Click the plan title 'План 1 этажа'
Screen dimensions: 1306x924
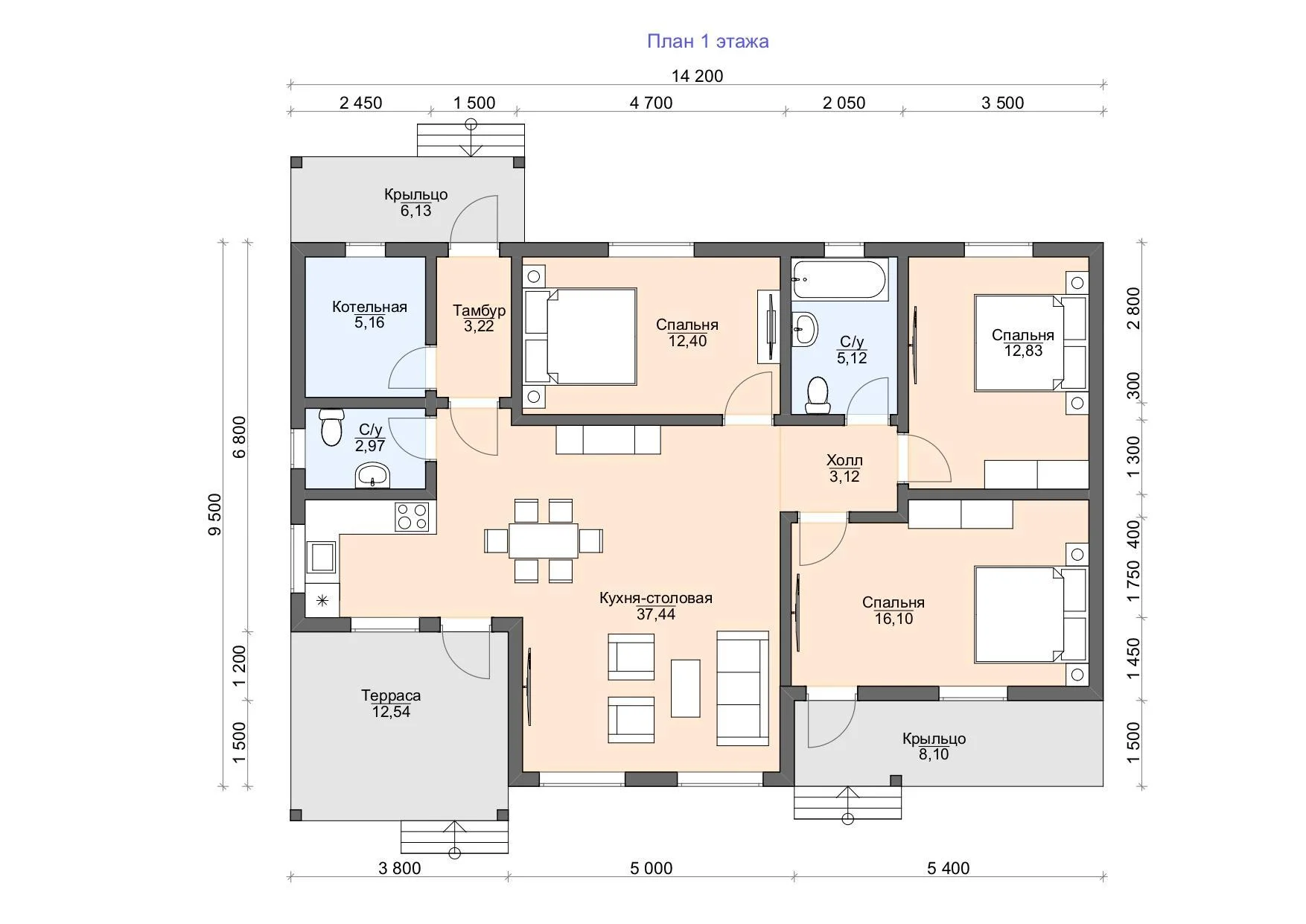pyautogui.click(x=707, y=42)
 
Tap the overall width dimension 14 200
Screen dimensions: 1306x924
pyautogui.click(x=697, y=76)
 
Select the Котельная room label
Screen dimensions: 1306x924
pyautogui.click(x=369, y=307)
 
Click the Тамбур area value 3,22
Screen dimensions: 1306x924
pyautogui.click(x=479, y=326)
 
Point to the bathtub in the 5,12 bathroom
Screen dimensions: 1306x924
pyautogui.click(x=839, y=280)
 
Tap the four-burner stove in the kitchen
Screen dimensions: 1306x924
pyautogui.click(x=412, y=517)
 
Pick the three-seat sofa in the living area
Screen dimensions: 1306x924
pyautogui.click(x=742, y=688)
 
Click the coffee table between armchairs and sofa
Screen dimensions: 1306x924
pyautogui.click(x=686, y=688)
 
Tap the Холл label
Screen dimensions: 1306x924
pyautogui.click(x=844, y=461)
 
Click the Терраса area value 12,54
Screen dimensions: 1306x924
pyautogui.click(x=391, y=712)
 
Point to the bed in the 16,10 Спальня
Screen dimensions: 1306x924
pyautogui.click(x=1031, y=615)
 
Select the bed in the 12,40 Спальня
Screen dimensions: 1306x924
pyautogui.click(x=580, y=337)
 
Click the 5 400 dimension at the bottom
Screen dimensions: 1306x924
pyautogui.click(x=949, y=868)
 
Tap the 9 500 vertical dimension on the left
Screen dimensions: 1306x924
pyautogui.click(x=215, y=514)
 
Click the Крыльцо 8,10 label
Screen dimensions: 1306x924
pyautogui.click(x=934, y=747)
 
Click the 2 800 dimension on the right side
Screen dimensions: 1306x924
pyautogui.click(x=1133, y=308)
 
